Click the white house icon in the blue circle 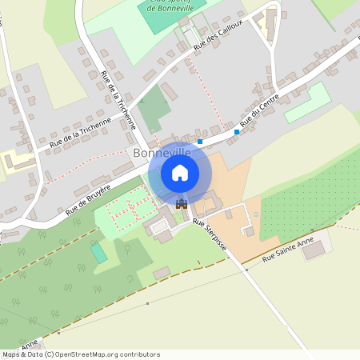pyautogui.click(x=180, y=172)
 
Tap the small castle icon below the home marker pyautogui.click(x=181, y=203)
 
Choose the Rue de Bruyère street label pyautogui.click(x=88, y=197)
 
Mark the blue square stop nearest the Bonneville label pyautogui.click(x=200, y=142)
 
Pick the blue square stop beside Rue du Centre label pyautogui.click(x=237, y=131)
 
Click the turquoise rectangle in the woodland pyautogui.click(x=98, y=253)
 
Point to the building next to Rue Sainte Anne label pyautogui.click(x=314, y=249)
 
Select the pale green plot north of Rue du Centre pyautogui.click(x=308, y=102)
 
